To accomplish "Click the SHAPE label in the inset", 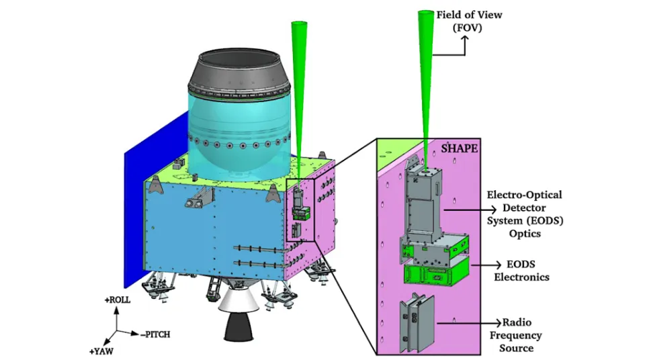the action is pyautogui.click(x=459, y=148).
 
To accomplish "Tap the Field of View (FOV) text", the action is pyautogui.click(x=469, y=21).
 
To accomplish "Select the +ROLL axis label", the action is pyautogui.click(x=117, y=300).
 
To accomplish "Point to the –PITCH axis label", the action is pyautogui.click(x=155, y=334).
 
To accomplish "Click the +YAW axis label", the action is pyautogui.click(x=101, y=351).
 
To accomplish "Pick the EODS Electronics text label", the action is pyautogui.click(x=521, y=270).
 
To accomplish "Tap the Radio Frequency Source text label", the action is pyautogui.click(x=516, y=335).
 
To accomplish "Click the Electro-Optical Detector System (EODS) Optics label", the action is pyautogui.click(x=525, y=214).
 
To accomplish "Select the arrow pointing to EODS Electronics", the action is pyautogui.click(x=486, y=265).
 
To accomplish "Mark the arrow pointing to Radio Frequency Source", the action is pyautogui.click(x=470, y=323).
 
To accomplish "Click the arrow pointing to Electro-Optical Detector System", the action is pyautogui.click(x=470, y=210).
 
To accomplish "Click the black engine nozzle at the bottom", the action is pyautogui.click(x=239, y=328).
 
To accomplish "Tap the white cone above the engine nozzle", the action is pyautogui.click(x=239, y=302).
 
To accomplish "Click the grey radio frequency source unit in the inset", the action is pyautogui.click(x=417, y=323).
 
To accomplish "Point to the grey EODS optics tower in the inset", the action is pyautogui.click(x=423, y=204).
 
